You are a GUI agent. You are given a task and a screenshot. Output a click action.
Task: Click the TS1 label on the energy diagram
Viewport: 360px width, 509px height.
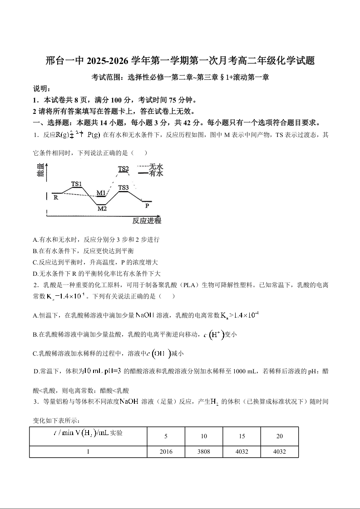pyautogui.click(x=77, y=184)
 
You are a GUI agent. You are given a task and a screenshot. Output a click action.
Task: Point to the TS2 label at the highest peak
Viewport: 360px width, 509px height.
pyautogui.click(x=123, y=169)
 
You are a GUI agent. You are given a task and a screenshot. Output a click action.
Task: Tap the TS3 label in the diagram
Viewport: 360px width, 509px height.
pyautogui.click(x=123, y=187)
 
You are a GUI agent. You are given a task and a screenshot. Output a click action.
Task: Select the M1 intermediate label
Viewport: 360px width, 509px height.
pyautogui.click(x=101, y=193)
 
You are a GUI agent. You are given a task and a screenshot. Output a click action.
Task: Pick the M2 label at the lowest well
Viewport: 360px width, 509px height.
pyautogui.click(x=102, y=209)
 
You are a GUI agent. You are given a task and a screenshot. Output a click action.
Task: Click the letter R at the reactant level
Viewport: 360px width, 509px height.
pyautogui.click(x=55, y=197)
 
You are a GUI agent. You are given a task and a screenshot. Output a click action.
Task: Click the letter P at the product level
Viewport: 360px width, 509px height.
pyautogui.click(x=147, y=206)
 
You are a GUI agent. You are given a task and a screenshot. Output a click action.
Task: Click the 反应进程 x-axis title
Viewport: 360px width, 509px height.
pyautogui.click(x=147, y=221)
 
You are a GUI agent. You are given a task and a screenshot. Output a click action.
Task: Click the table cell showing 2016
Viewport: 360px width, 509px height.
pyautogui.click(x=166, y=452)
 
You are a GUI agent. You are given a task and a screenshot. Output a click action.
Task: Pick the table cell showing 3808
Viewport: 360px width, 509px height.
pyautogui.click(x=204, y=452)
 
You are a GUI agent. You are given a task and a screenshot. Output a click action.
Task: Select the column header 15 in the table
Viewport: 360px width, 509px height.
pyautogui.click(x=242, y=436)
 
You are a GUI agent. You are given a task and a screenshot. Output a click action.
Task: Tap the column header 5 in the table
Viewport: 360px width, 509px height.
pyautogui.click(x=166, y=436)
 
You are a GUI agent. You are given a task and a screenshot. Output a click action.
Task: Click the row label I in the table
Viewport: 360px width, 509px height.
pyautogui.click(x=88, y=452)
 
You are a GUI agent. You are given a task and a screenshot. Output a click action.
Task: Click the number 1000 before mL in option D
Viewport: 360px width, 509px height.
pyautogui.click(x=241, y=372)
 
